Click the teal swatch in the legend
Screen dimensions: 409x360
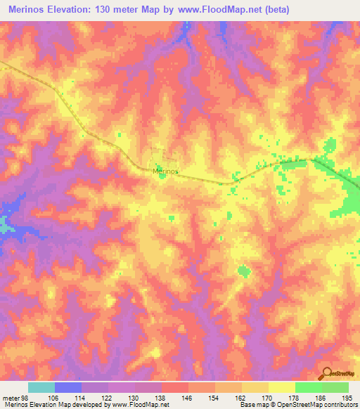41,388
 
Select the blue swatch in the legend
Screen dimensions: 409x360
67,388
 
